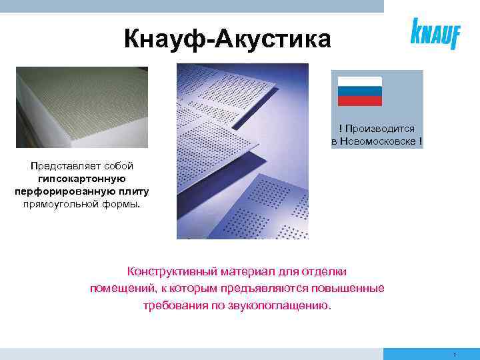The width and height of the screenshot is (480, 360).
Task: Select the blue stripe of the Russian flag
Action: [359, 91]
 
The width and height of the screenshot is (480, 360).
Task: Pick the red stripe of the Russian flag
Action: [359, 101]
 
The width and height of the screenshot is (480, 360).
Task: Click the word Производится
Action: [380, 129]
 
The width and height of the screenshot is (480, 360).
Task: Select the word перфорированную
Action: [61, 191]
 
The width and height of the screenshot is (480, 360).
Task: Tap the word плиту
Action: [135, 191]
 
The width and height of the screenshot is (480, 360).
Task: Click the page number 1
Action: [453, 354]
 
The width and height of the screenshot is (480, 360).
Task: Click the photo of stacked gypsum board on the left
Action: [82, 107]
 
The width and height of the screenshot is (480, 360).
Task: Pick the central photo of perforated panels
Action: [243, 151]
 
